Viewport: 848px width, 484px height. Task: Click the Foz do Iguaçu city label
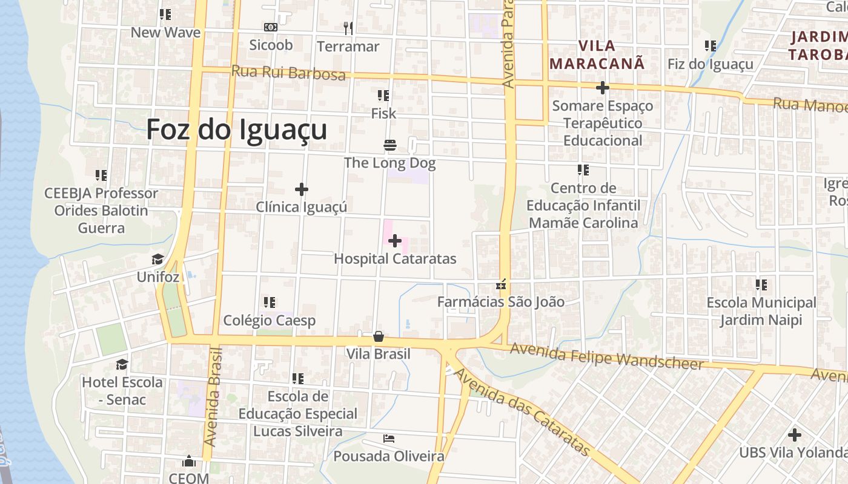pos(237,129)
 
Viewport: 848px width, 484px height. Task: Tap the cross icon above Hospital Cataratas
pos(395,241)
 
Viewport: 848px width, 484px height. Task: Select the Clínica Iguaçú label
pos(301,207)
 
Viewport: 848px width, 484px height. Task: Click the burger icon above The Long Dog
pos(390,145)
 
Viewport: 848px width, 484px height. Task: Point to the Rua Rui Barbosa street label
pos(288,73)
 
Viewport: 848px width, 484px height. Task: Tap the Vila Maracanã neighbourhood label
pos(597,54)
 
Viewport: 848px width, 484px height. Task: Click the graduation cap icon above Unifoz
pos(158,259)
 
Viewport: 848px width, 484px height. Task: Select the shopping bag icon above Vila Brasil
pos(379,336)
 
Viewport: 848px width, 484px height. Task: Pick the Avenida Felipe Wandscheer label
pos(606,356)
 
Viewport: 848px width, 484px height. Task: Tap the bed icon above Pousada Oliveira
pos(389,438)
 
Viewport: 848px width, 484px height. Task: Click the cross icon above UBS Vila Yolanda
pos(794,434)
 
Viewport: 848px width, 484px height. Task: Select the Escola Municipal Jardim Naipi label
pos(761,311)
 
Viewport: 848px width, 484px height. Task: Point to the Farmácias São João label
pos(501,301)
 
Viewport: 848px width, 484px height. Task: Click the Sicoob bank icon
pos(271,27)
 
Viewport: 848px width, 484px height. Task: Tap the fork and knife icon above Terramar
pos(348,28)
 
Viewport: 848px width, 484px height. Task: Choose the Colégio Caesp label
pos(270,320)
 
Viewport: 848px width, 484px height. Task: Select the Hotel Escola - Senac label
pos(122,391)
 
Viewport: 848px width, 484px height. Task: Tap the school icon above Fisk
pos(383,96)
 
